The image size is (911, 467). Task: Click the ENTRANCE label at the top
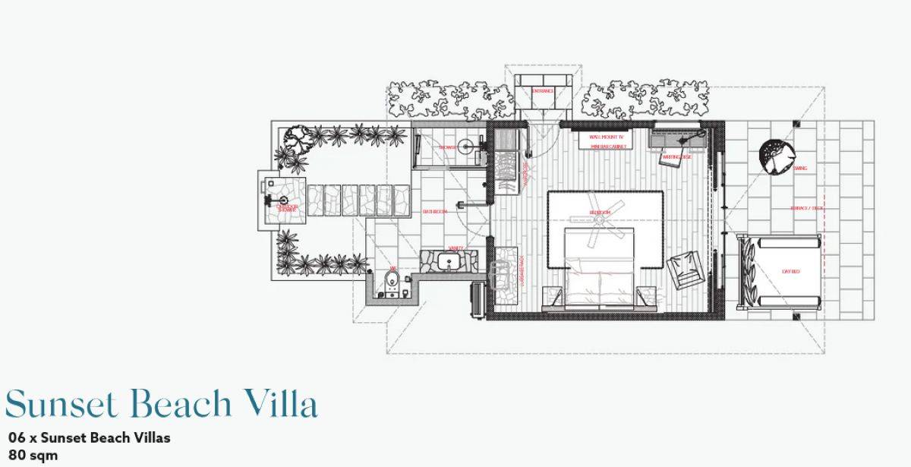tap(542, 91)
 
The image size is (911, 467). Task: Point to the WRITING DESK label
tap(676, 157)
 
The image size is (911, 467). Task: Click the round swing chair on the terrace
tap(776, 156)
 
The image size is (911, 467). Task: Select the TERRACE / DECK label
tap(806, 207)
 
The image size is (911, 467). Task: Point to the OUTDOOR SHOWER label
tap(287, 207)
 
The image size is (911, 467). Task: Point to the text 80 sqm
tap(33, 456)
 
